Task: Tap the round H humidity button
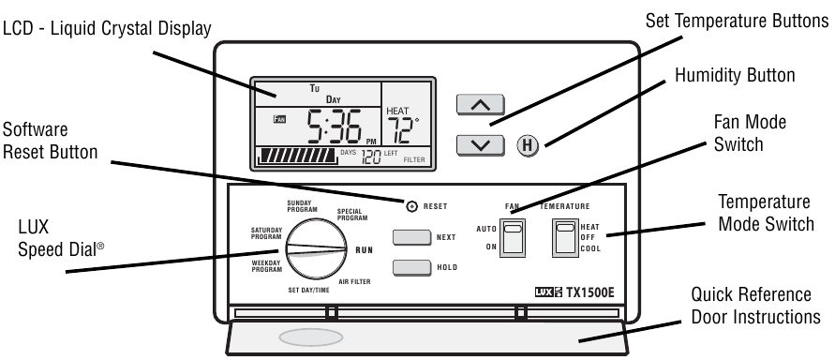tap(529, 145)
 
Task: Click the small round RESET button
tap(411, 205)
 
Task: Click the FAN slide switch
tap(512, 238)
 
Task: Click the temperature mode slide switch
tap(564, 238)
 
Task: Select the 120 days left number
tap(371, 157)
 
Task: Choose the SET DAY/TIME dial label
tap(308, 291)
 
